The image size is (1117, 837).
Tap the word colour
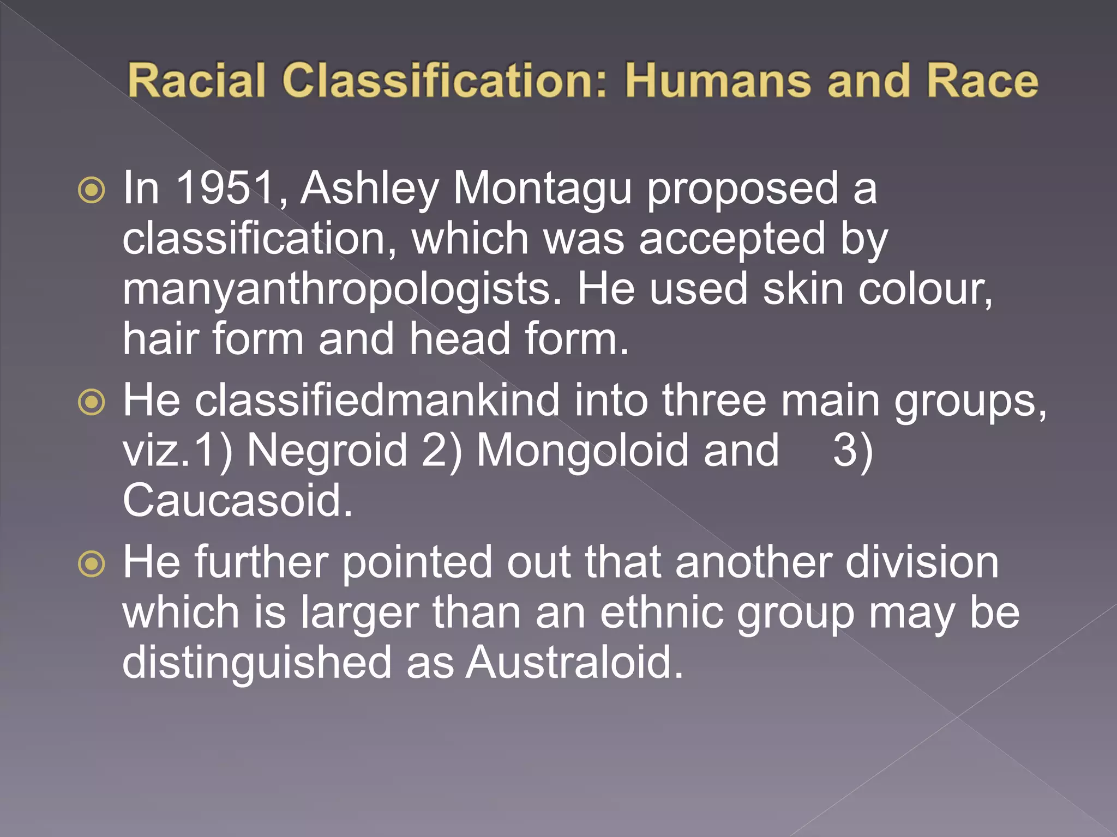pos(925,289)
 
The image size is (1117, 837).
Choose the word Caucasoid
pos(237,500)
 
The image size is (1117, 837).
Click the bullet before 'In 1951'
pos(91,191)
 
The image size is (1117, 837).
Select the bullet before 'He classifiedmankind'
pos(91,403)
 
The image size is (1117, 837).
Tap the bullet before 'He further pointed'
pos(91,565)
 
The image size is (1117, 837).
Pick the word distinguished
pos(257,663)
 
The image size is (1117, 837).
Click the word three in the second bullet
pos(714,400)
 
